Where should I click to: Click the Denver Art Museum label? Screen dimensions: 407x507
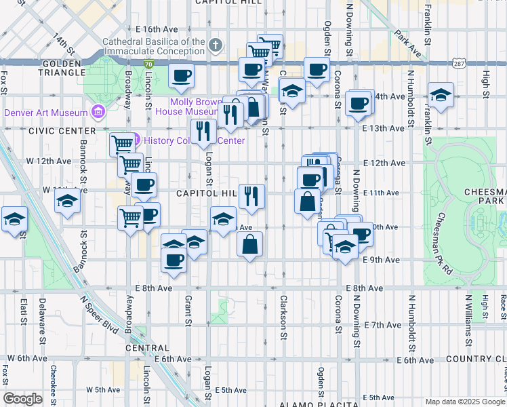click(46, 113)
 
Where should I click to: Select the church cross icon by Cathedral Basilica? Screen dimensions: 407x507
click(216, 46)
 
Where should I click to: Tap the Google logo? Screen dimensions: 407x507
click(23, 399)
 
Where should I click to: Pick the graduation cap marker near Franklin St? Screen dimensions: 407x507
click(441, 96)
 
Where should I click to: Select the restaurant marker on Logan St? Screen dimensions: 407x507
click(204, 131)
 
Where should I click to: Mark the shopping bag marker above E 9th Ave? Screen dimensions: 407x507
click(250, 244)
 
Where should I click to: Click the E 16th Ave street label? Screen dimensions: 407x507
click(157, 29)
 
